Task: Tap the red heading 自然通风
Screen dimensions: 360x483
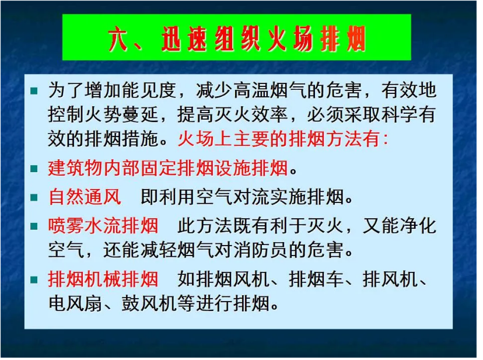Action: click(x=85, y=197)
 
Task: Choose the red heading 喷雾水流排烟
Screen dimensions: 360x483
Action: click(x=103, y=226)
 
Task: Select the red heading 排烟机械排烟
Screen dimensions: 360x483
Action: click(x=103, y=279)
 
